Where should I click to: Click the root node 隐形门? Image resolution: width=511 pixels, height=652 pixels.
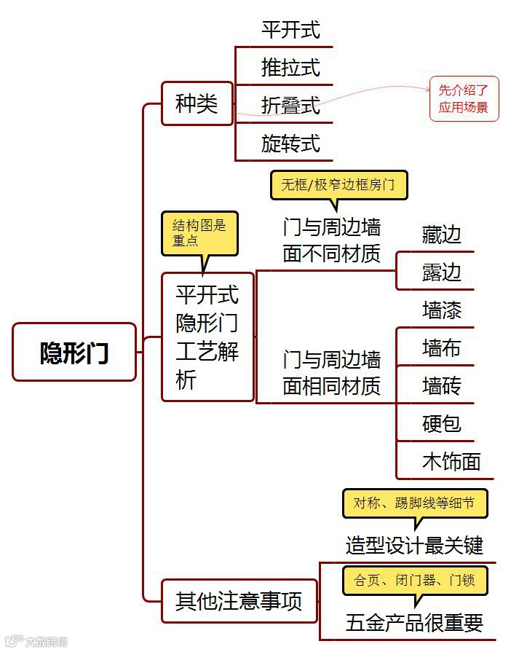pos(74,352)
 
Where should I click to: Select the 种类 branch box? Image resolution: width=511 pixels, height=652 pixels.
pos(197,103)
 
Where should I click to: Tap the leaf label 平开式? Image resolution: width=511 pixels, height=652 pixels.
pos(290,30)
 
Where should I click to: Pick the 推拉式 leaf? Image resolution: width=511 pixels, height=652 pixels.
pos(290,68)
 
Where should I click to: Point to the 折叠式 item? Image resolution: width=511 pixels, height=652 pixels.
pos(290,106)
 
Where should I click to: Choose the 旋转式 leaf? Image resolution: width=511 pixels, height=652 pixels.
pos(290,144)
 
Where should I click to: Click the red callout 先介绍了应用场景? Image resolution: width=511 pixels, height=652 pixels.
pos(464,99)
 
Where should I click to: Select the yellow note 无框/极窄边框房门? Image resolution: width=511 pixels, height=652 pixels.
pos(338,184)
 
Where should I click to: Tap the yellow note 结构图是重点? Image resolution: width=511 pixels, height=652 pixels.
pos(199,233)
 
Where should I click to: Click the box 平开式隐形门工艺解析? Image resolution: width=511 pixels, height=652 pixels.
pos(207,337)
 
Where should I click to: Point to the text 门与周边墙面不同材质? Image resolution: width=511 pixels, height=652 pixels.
pos(332,240)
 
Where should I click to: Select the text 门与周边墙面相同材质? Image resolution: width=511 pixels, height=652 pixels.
pos(332,372)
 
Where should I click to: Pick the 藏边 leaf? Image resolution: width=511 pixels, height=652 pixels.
pos(442,235)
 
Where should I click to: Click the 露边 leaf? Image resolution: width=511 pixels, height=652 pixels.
pos(442,272)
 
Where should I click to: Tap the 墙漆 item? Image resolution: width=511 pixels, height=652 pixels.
pos(442,310)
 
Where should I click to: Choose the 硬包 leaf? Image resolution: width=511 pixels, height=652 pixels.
pos(442,423)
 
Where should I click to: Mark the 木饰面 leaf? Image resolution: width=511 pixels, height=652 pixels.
pos(451,461)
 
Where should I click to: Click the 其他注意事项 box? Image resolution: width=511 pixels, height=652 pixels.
pos(239,602)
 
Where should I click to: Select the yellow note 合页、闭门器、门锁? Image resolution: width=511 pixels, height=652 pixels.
pos(414,581)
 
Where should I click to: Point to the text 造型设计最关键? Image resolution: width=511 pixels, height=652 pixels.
pos(414,544)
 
